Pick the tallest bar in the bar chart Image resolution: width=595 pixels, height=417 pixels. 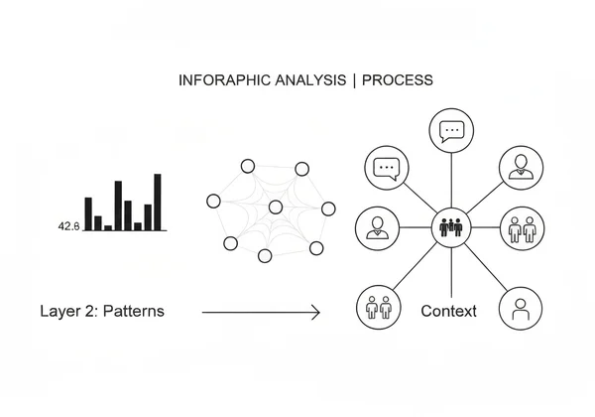(x=157, y=202)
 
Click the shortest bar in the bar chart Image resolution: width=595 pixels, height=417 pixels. (x=108, y=226)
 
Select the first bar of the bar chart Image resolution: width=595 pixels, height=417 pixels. (x=88, y=213)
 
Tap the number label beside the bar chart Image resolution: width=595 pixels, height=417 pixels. (x=68, y=226)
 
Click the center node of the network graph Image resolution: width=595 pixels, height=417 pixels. (x=275, y=207)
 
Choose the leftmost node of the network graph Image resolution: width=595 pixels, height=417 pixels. (x=213, y=201)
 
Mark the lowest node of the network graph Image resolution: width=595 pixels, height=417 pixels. (x=265, y=256)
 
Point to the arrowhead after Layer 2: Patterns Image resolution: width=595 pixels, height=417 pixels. (x=315, y=313)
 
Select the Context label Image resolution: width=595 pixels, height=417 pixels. (x=448, y=312)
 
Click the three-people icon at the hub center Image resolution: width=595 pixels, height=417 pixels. (x=451, y=226)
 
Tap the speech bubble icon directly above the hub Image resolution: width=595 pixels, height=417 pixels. (x=451, y=130)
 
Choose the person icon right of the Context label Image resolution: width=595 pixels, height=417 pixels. (x=521, y=310)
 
